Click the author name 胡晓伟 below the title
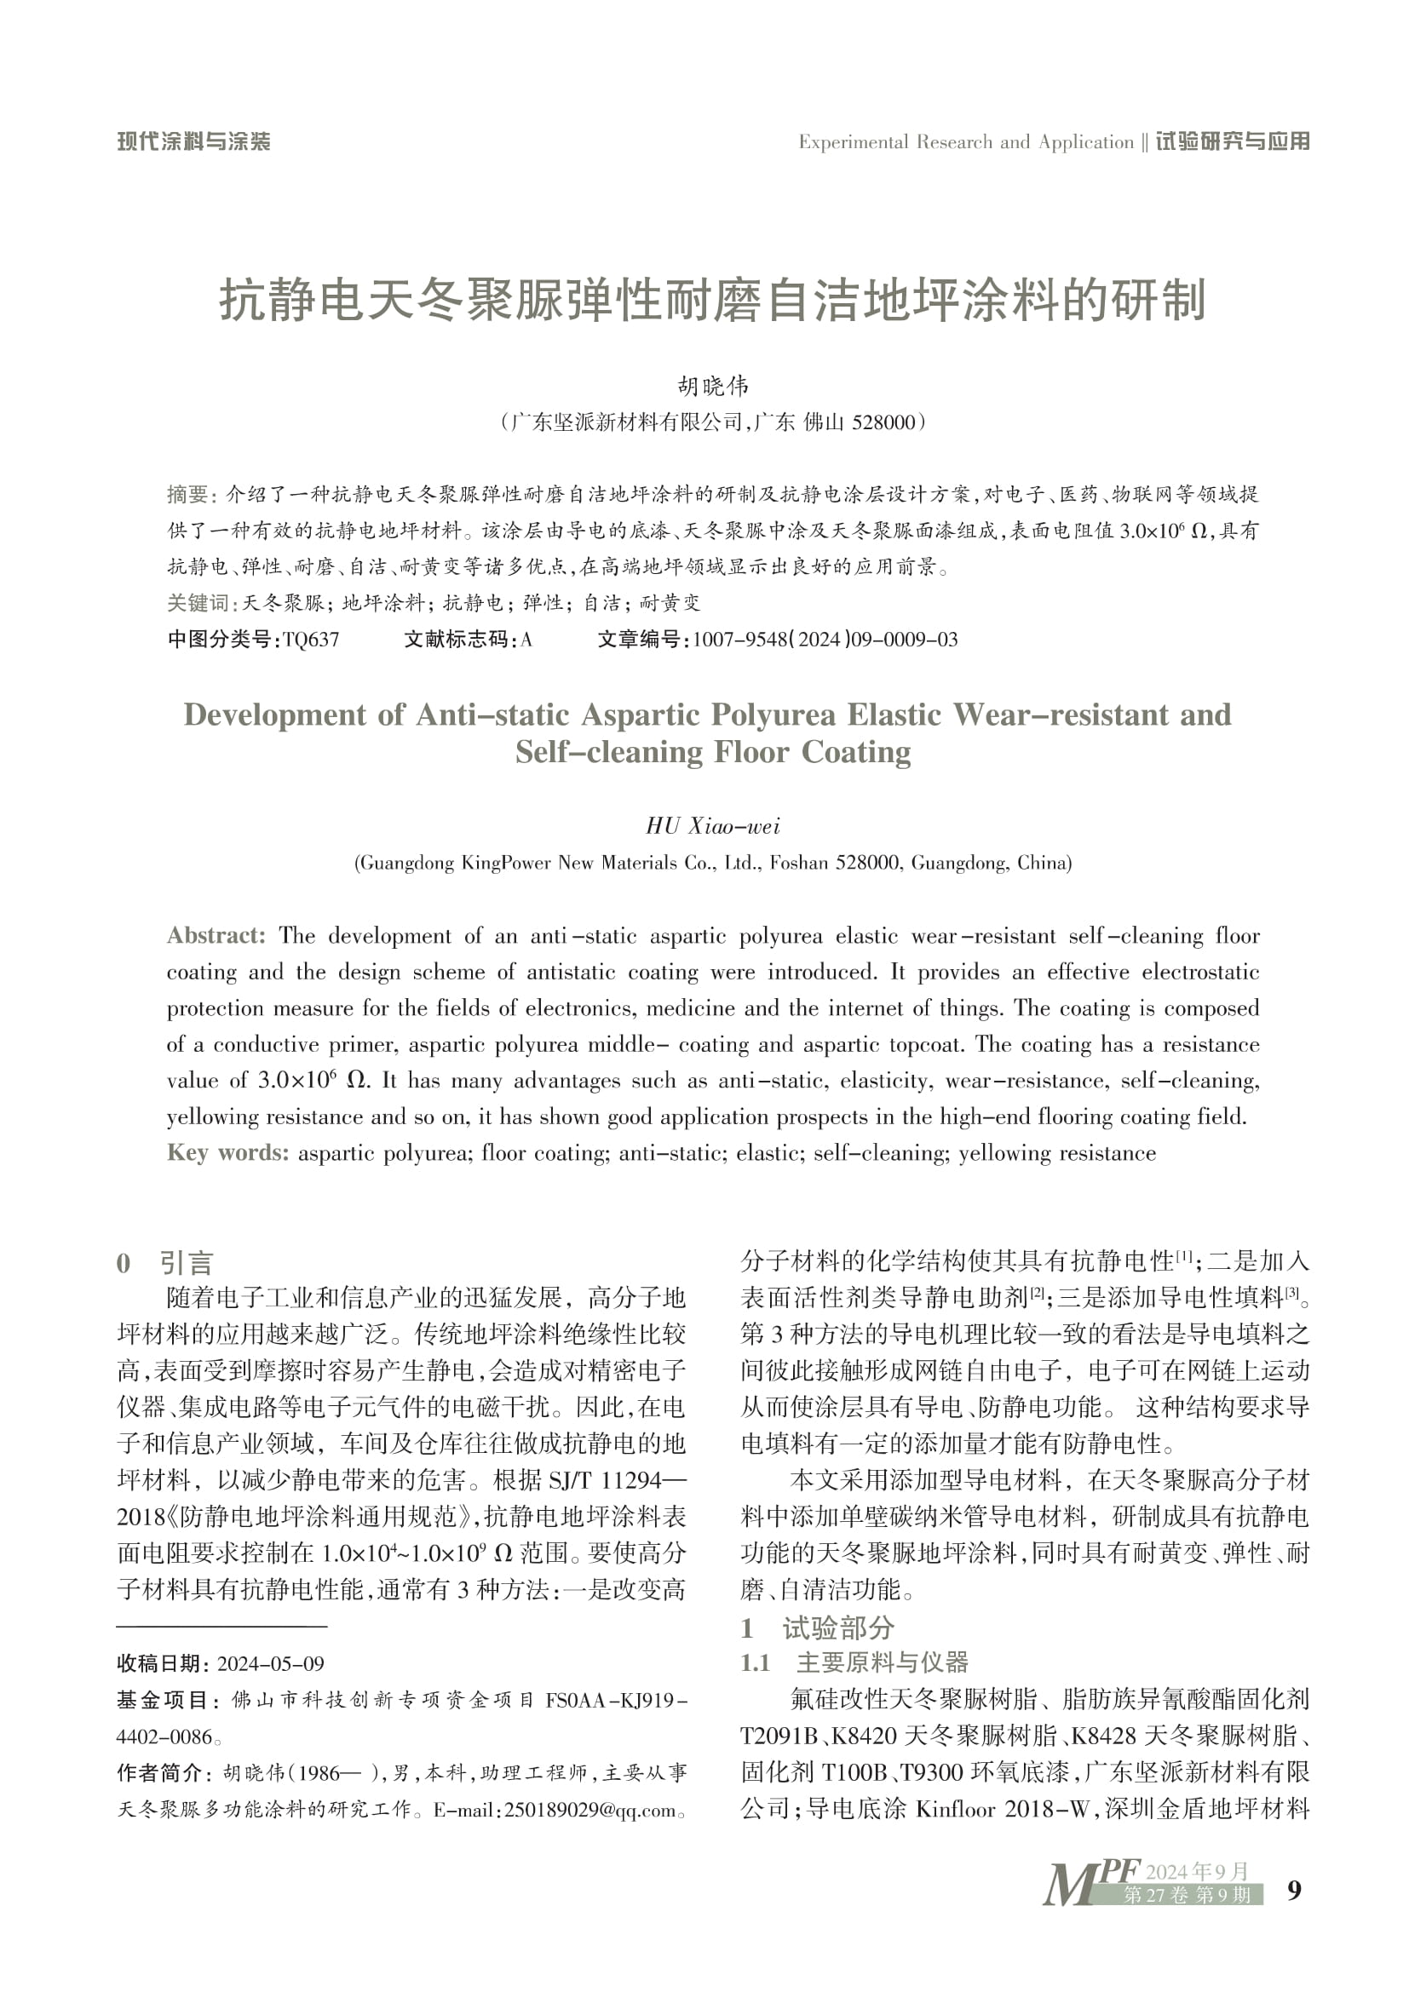[712, 385]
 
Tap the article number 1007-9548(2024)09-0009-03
[825, 640]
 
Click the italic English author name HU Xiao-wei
[712, 826]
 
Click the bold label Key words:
[227, 1153]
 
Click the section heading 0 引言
[165, 1263]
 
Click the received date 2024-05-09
[270, 1664]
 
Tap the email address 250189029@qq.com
[589, 1811]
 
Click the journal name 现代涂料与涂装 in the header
[193, 141]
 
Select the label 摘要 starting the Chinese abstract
[188, 495]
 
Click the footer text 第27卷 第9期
[1187, 1896]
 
